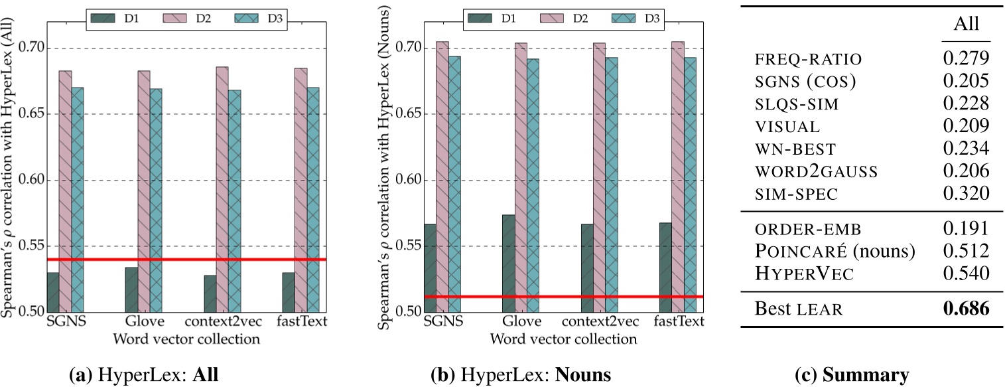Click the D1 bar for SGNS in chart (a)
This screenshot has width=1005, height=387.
click(x=52, y=292)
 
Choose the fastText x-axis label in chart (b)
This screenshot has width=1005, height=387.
click(x=682, y=323)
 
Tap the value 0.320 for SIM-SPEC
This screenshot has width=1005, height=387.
click(x=966, y=194)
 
